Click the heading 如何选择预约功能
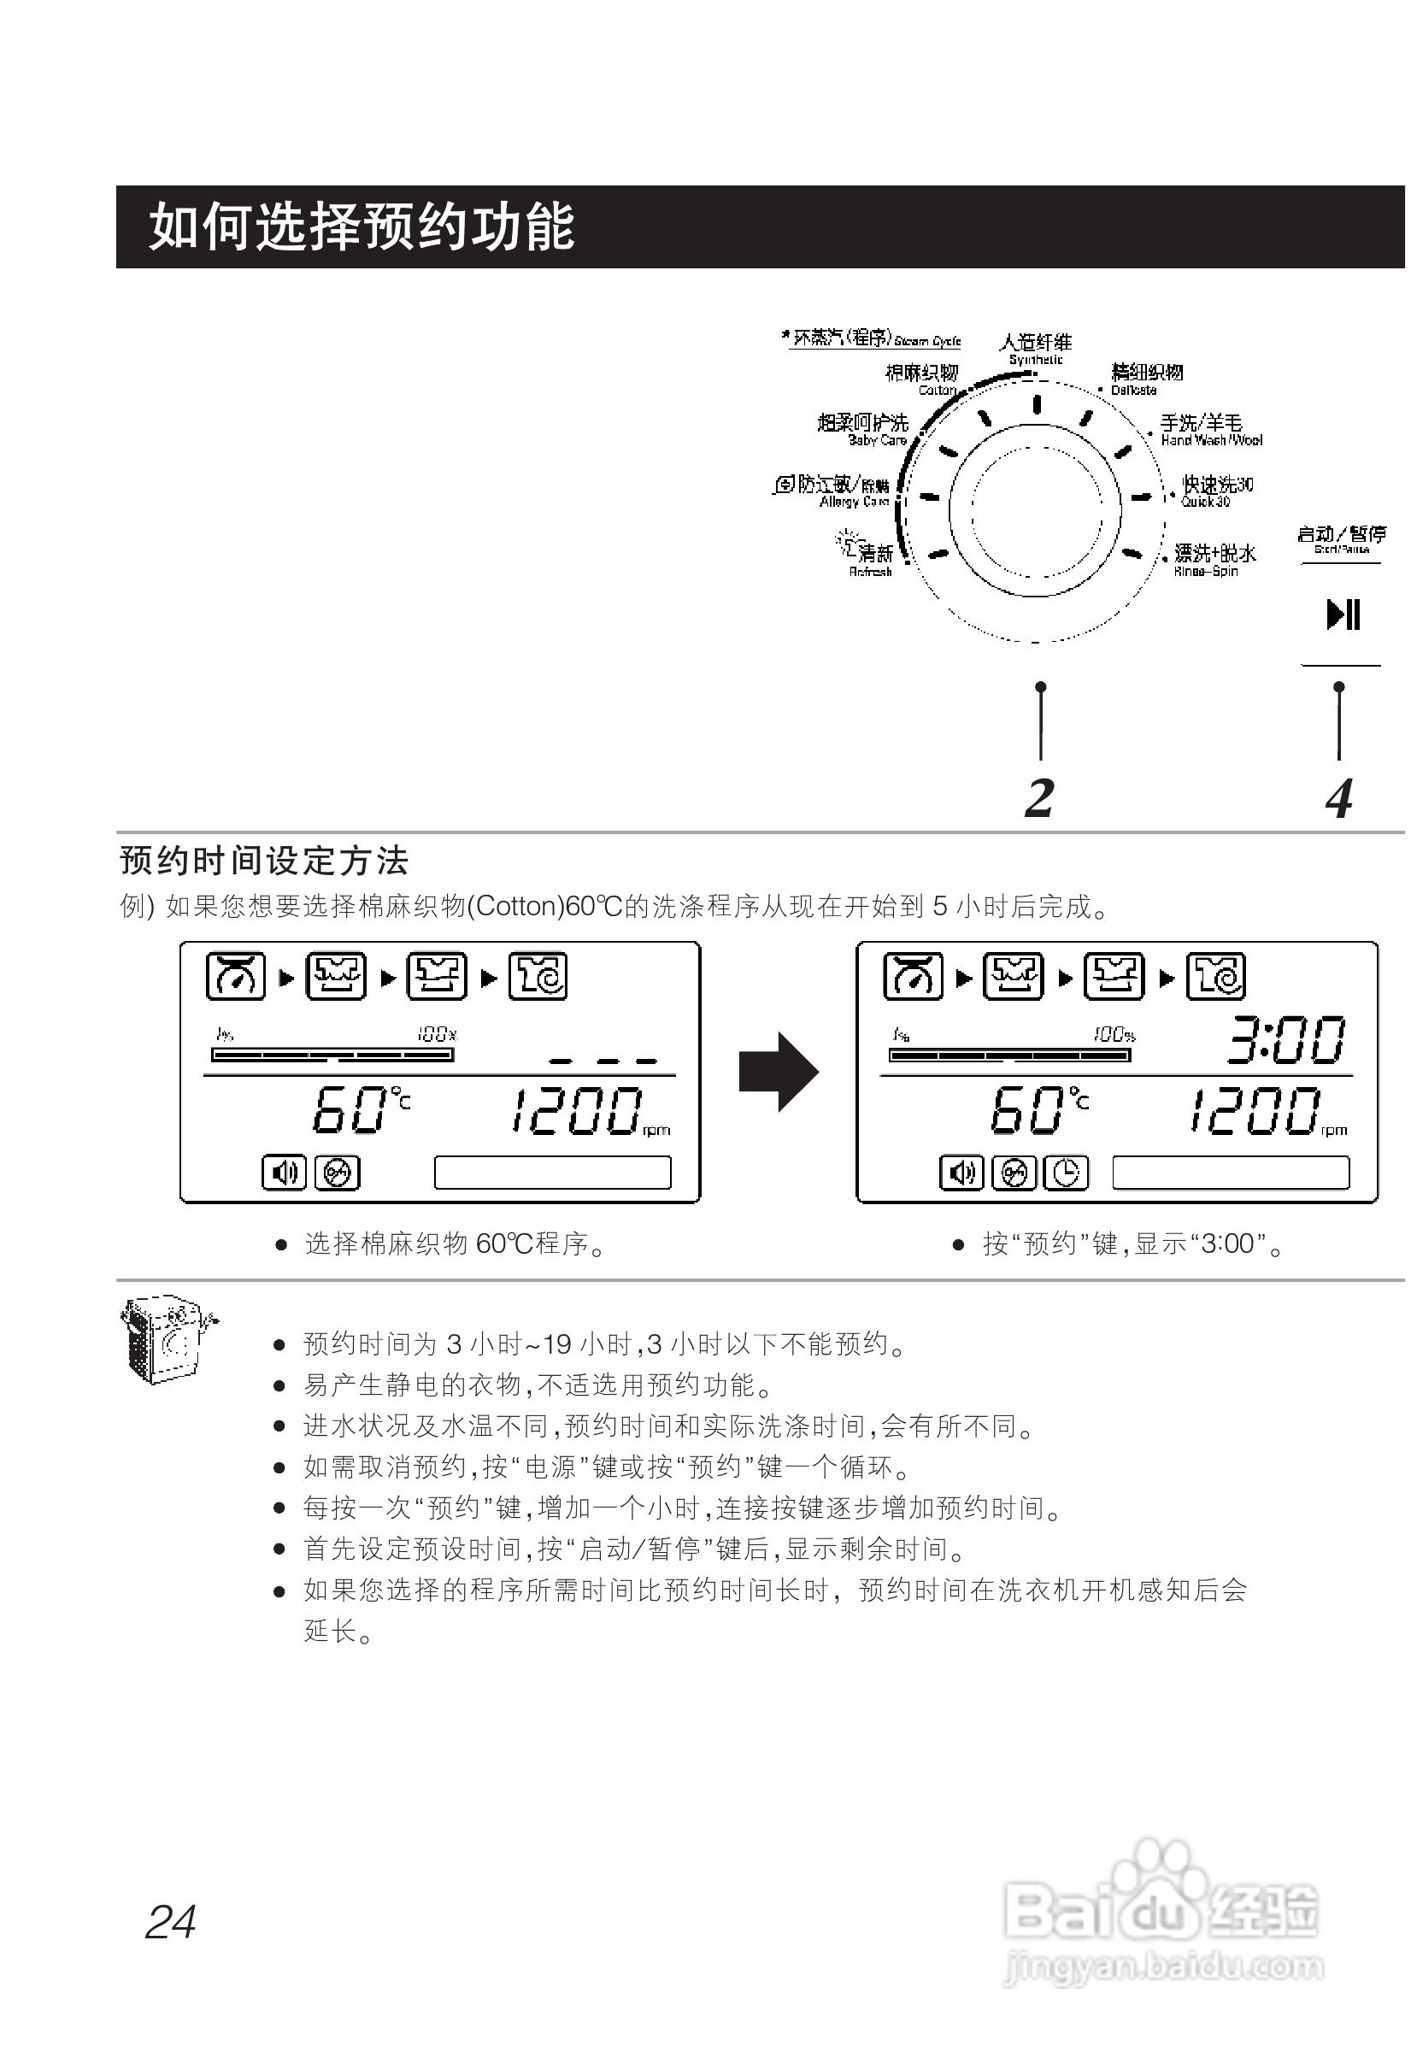362,227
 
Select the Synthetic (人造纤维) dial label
1035,347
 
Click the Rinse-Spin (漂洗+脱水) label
1213,559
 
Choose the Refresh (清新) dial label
870,557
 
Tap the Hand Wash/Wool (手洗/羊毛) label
1208,429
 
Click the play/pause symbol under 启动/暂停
1342,614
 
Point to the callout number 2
1040,798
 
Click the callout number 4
1338,798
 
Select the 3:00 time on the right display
1286,1040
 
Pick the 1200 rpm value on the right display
1260,1111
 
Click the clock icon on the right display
1067,1173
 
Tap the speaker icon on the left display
284,1173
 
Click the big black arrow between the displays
778,1072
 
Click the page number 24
171,1922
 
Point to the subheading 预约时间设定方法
263,861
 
